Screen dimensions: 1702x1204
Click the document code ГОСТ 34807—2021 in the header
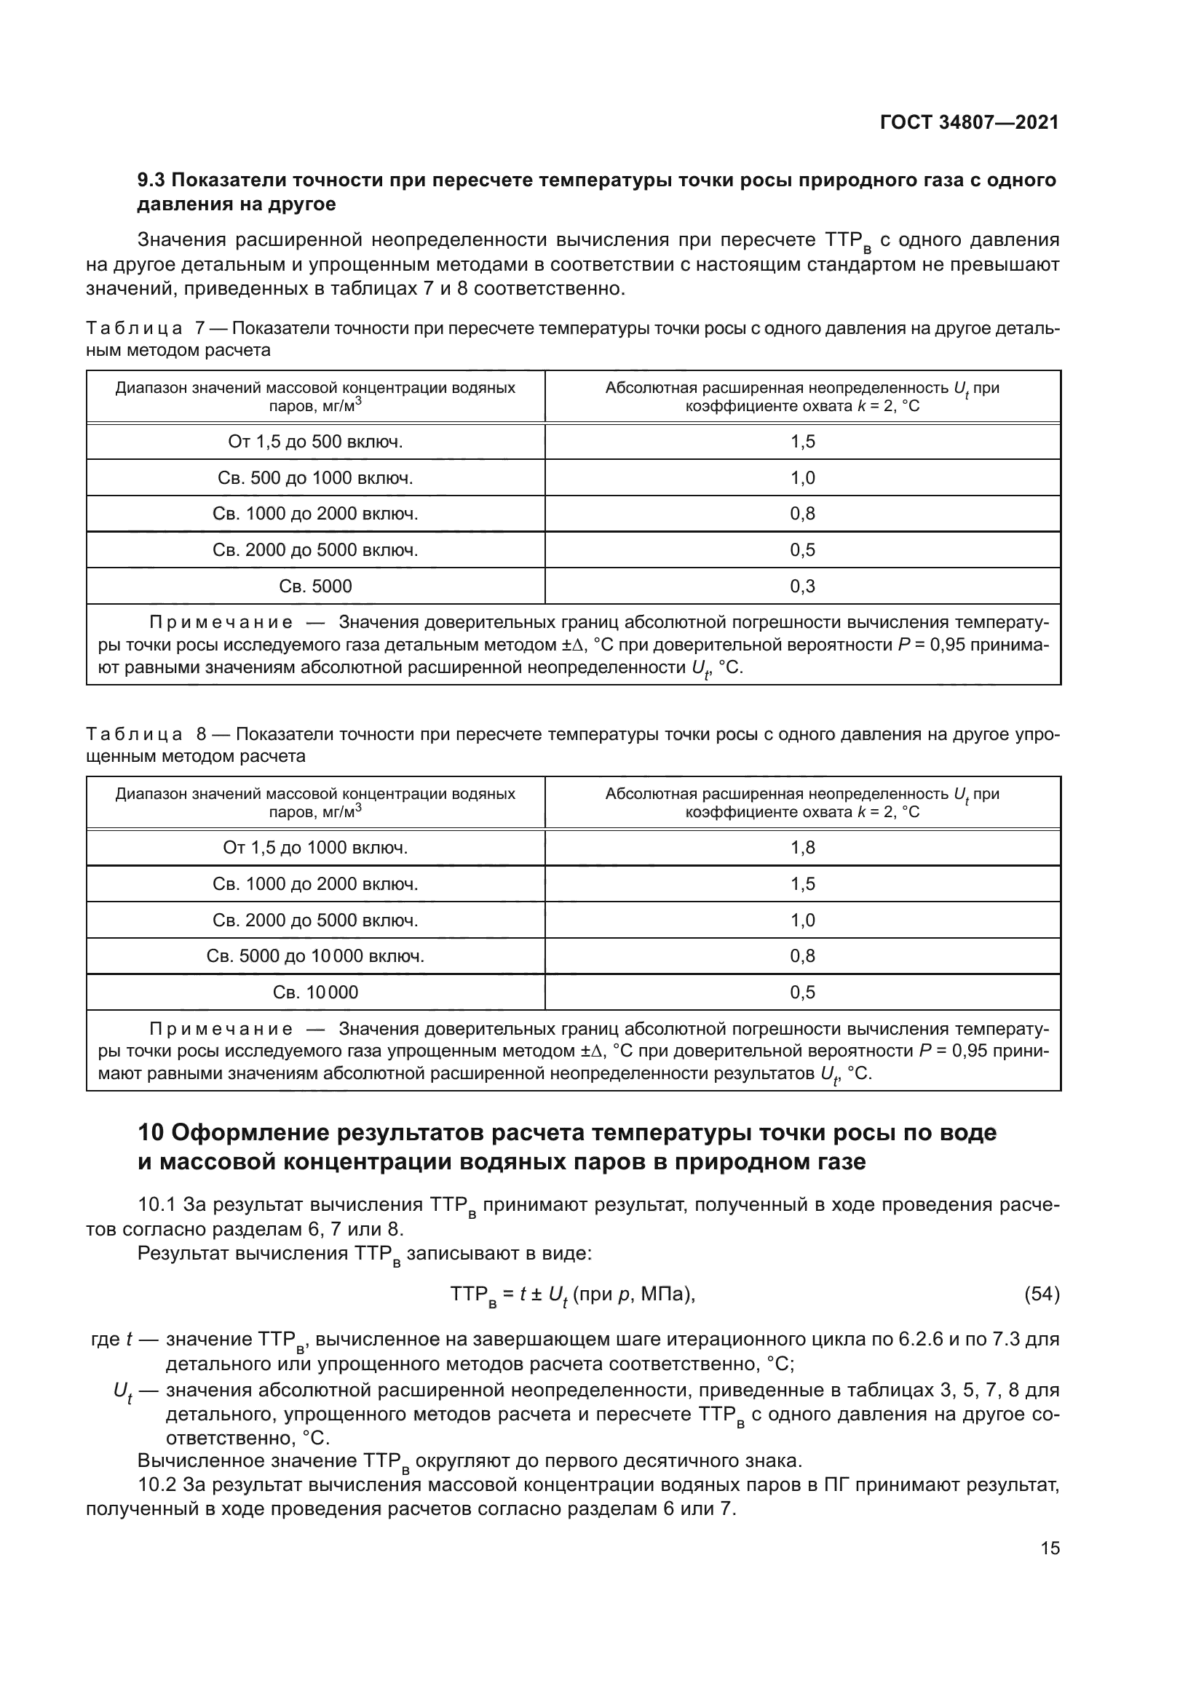click(969, 122)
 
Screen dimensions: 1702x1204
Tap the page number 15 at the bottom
click(1050, 1548)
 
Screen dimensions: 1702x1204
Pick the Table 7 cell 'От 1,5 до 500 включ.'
click(315, 442)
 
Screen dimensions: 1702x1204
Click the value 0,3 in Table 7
click(802, 586)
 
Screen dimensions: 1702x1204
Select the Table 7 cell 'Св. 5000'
click(315, 586)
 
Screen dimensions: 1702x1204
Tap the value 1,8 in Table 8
click(802, 847)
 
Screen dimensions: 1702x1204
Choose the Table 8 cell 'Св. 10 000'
click(315, 992)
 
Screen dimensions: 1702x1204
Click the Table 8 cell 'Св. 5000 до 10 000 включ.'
click(315, 956)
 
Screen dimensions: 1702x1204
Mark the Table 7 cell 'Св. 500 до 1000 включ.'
click(315, 478)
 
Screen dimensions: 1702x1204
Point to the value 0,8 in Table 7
click(802, 514)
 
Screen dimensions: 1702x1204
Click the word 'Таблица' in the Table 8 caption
click(134, 735)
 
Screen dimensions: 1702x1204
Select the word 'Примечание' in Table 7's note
click(221, 622)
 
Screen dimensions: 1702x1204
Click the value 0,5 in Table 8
click(802, 992)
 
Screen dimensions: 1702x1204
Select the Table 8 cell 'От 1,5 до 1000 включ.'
click(315, 847)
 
